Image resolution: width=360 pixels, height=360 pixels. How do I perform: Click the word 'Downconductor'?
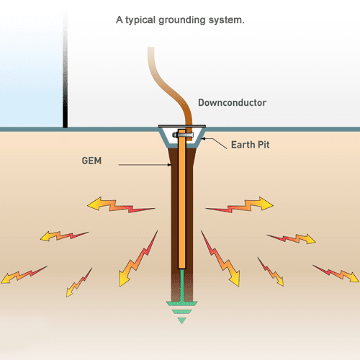[233, 103]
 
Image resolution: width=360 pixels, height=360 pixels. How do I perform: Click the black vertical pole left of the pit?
[66, 65]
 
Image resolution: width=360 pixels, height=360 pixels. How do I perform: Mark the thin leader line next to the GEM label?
[144, 166]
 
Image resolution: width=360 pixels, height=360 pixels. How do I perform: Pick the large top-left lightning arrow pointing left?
[120, 207]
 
